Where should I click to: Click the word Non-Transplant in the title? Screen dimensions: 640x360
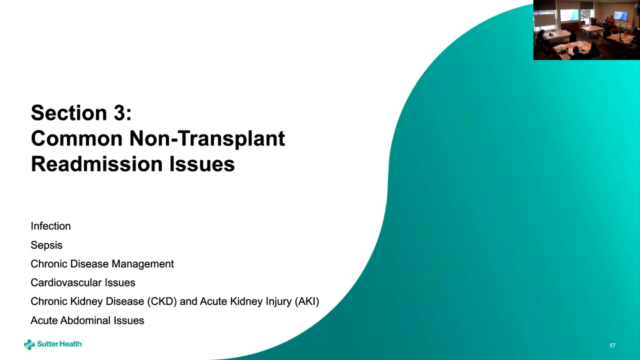pyautogui.click(x=207, y=138)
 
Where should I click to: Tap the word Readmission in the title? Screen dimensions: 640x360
pyautogui.click(x=96, y=164)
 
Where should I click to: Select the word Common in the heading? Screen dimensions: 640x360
pyautogui.click(x=77, y=138)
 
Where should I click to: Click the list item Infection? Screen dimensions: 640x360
pyautogui.click(x=50, y=226)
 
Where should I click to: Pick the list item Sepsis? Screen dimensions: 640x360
pyautogui.click(x=46, y=245)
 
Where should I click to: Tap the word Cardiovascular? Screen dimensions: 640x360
pyautogui.click(x=66, y=282)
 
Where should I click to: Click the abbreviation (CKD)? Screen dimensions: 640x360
pyautogui.click(x=162, y=301)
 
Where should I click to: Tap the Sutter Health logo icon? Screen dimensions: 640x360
pyautogui.click(x=29, y=344)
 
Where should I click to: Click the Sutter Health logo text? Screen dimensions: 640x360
pyautogui.click(x=59, y=344)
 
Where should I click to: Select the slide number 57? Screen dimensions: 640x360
pyautogui.click(x=612, y=345)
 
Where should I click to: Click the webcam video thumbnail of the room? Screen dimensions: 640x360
pyautogui.click(x=586, y=29)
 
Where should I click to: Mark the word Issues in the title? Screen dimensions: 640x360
pyautogui.click(x=202, y=164)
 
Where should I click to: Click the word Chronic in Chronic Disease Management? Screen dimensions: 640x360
pyautogui.click(x=48, y=263)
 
